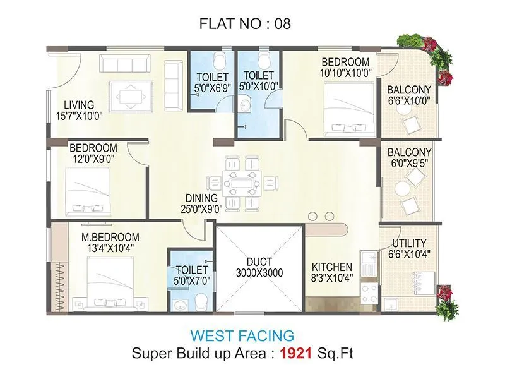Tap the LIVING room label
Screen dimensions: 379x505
78,105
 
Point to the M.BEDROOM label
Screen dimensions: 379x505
110,238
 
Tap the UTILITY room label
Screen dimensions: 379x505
408,243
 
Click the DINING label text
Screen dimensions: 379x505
202,197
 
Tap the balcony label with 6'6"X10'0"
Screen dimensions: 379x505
409,95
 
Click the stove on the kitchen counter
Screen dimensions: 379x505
367,291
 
